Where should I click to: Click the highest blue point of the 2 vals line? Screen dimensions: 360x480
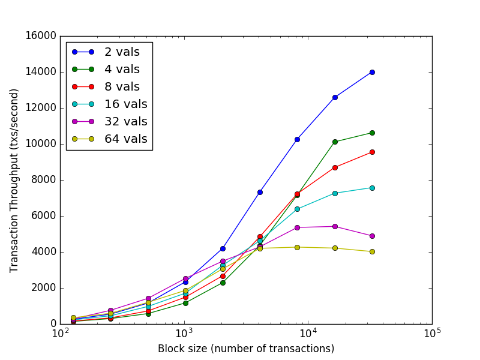click(372, 72)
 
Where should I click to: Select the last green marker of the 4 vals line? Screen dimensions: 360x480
click(372, 133)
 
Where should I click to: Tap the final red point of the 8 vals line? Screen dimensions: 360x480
click(372, 152)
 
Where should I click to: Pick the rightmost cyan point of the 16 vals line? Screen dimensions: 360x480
click(372, 188)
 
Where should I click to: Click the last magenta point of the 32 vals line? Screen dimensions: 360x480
click(372, 236)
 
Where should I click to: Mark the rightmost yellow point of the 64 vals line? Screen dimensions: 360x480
click(372, 251)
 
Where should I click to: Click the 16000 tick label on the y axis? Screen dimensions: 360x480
click(40, 36)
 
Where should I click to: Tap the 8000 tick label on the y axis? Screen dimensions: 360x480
click(43, 180)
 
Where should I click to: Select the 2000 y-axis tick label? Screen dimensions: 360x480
click(43, 288)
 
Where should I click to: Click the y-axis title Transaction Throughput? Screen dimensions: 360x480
click(14, 180)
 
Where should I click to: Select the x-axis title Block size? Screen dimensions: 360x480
click(246, 349)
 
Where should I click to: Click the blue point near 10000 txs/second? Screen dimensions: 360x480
click(297, 139)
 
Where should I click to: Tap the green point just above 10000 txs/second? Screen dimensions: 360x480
click(335, 142)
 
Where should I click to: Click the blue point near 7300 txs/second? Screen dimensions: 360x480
click(260, 192)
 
